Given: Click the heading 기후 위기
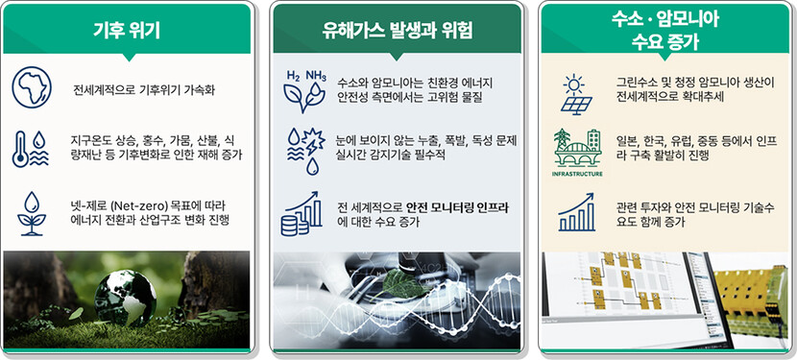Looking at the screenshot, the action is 127,31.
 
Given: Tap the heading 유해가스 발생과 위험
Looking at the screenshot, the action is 397,31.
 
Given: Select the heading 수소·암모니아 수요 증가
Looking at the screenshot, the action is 664,31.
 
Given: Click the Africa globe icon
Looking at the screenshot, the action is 32,88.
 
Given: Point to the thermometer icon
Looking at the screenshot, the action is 19,149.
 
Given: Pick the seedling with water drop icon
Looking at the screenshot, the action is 32,213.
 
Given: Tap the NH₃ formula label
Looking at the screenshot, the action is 315,76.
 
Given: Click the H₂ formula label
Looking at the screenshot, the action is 293,76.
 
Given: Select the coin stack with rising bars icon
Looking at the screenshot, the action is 302,213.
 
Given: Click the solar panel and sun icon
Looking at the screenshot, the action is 577,95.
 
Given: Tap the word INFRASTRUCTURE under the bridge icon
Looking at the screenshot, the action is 577,174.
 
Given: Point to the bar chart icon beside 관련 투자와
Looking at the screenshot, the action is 576,212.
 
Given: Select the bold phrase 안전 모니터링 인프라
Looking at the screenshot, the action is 457,207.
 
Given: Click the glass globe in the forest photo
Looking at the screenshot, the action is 125,298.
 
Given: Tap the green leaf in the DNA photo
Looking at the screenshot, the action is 405,282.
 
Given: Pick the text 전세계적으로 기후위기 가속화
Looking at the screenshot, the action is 144,91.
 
